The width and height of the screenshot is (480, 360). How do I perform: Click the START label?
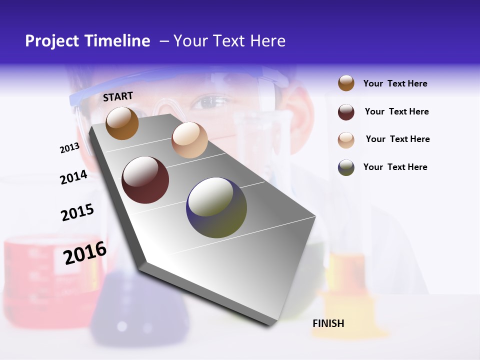point(118,96)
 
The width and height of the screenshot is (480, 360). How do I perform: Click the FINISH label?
point(328,323)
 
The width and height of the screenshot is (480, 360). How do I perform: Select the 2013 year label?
point(69,147)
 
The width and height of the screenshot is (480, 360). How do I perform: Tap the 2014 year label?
point(73,177)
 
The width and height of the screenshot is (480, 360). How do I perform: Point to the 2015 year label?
point(77,212)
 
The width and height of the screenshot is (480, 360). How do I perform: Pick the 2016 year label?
point(85,252)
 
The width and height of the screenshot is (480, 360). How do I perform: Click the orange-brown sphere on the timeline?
point(122,123)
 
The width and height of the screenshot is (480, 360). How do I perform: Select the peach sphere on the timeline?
point(189,140)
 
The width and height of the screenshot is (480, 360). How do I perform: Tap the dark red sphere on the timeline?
point(145,180)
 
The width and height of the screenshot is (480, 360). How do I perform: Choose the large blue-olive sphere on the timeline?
point(216,207)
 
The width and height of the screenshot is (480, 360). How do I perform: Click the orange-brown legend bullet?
point(346,83)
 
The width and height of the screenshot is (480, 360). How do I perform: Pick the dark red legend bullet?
point(346,111)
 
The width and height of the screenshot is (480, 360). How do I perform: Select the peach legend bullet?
point(346,139)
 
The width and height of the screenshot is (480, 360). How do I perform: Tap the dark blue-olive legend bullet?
point(346,167)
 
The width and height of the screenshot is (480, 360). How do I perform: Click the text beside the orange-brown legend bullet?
point(395,83)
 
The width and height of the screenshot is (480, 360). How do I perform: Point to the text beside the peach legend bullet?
point(397,139)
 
